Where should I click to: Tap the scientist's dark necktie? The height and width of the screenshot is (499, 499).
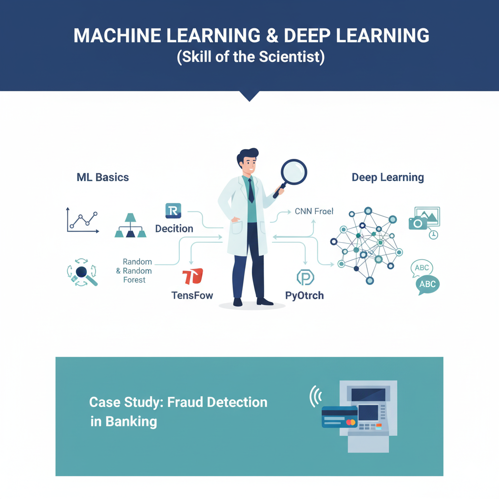[x=250, y=191]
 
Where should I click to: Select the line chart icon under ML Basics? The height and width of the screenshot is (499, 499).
[x=82, y=220]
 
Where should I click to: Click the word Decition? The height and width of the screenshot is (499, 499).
[x=174, y=229]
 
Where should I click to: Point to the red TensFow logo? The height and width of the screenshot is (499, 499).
[x=192, y=276]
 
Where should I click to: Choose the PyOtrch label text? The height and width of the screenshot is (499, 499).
[x=305, y=295]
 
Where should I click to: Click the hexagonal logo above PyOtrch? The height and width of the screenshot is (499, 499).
[x=306, y=277]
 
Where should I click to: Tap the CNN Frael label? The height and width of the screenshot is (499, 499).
[x=314, y=212]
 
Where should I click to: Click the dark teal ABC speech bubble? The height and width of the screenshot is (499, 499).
[x=427, y=285]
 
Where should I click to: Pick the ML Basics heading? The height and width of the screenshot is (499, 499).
[x=103, y=177]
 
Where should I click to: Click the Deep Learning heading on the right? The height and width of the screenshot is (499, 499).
[x=388, y=177]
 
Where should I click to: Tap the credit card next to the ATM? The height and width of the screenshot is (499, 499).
[x=339, y=417]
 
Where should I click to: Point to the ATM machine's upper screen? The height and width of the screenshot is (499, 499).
[x=368, y=394]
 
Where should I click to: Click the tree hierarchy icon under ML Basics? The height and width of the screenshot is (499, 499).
[x=130, y=226]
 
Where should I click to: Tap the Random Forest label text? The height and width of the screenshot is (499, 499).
[x=135, y=271]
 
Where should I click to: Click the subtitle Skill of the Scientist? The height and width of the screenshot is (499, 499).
[x=250, y=57]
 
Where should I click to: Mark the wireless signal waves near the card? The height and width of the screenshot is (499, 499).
[x=314, y=397]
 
